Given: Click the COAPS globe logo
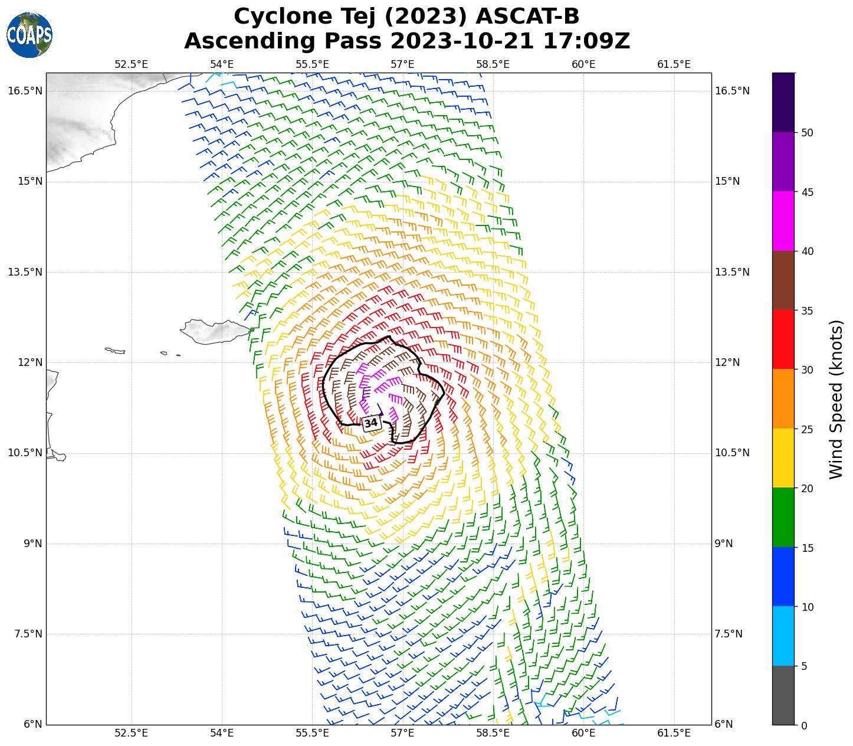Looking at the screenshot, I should (x=29, y=35).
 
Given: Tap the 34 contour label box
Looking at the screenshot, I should (x=370, y=423).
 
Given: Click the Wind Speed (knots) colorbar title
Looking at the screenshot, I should (x=836, y=399).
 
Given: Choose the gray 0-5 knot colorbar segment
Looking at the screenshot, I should (x=783, y=695).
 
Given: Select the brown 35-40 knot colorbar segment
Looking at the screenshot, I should (x=783, y=280).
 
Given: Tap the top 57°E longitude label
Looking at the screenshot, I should (x=402, y=64).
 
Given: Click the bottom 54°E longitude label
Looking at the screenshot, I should (x=222, y=733).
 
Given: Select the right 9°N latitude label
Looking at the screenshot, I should (x=724, y=544).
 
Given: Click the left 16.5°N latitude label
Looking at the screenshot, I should (x=25, y=91).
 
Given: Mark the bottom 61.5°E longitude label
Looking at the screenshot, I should (x=674, y=733).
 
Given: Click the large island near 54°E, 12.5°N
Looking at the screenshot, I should (x=215, y=331).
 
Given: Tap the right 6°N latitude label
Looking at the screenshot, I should (x=724, y=724).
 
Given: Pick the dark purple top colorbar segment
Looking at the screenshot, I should (x=783, y=102).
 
